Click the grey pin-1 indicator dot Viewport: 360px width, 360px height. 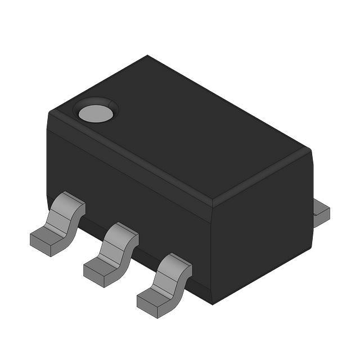pyautogui.click(x=96, y=113)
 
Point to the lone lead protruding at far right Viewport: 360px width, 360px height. pyautogui.click(x=321, y=213)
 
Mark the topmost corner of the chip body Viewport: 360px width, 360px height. pyautogui.click(x=148, y=56)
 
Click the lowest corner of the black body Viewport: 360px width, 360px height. pyautogui.click(x=212, y=304)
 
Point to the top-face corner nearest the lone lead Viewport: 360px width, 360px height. pyautogui.click(x=310, y=150)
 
